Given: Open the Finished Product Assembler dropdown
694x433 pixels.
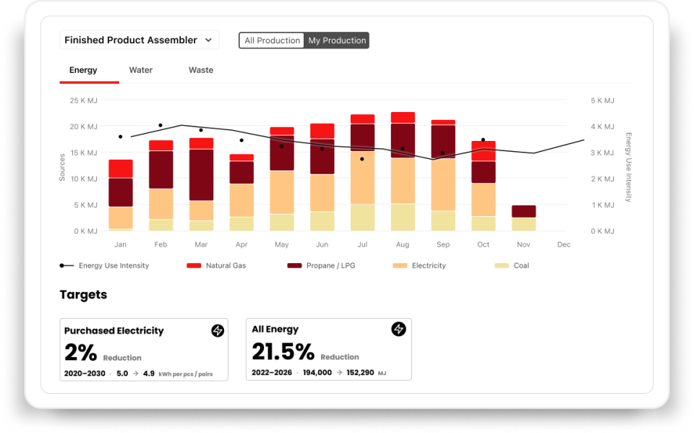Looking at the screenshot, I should (139, 40).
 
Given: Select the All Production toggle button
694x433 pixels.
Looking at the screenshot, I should (272, 40).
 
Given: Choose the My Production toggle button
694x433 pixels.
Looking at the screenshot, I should (337, 40).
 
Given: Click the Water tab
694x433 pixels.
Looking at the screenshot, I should (141, 70).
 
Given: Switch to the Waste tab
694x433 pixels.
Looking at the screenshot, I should (201, 70).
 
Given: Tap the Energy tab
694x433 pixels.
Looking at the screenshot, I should (83, 70).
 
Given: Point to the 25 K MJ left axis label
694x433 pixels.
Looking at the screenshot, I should (83, 100).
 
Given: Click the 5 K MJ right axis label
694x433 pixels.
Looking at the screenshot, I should (602, 100).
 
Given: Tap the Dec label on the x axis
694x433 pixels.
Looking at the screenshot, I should (564, 244).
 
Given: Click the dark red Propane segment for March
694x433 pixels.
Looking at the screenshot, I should (201, 174).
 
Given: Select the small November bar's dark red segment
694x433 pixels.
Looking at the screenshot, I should (524, 211).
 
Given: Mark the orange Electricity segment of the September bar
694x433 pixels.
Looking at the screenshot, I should (443, 184).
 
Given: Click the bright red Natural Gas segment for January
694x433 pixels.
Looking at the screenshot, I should (121, 168).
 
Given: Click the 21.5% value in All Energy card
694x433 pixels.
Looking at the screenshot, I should (283, 352).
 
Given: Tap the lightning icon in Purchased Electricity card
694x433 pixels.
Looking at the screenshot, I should (218, 330).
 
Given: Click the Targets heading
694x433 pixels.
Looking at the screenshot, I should (83, 294).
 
